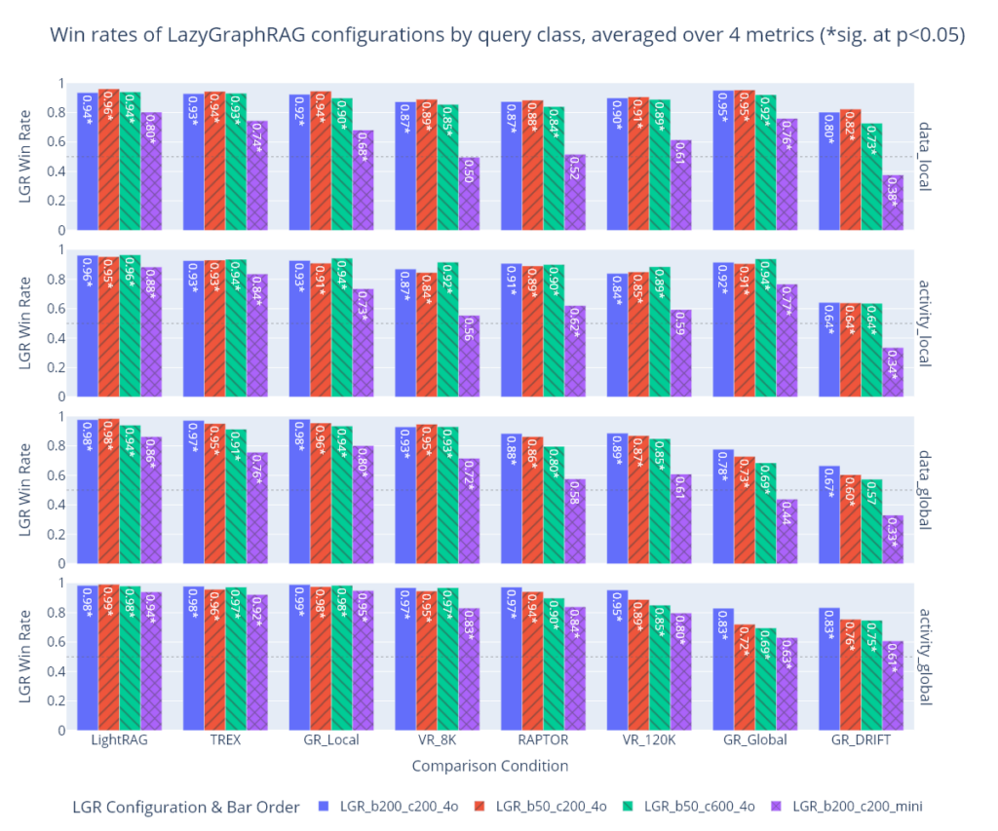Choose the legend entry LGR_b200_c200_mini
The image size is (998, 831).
pos(858,806)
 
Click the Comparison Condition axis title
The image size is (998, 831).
pos(489,766)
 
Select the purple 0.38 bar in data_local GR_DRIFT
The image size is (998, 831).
pos(893,203)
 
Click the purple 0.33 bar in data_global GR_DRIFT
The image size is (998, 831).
pos(893,539)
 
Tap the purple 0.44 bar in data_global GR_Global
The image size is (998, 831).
pos(787,531)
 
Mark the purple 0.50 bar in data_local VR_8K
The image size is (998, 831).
pos(469,194)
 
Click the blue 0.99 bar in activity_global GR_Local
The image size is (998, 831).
pos(299,658)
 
